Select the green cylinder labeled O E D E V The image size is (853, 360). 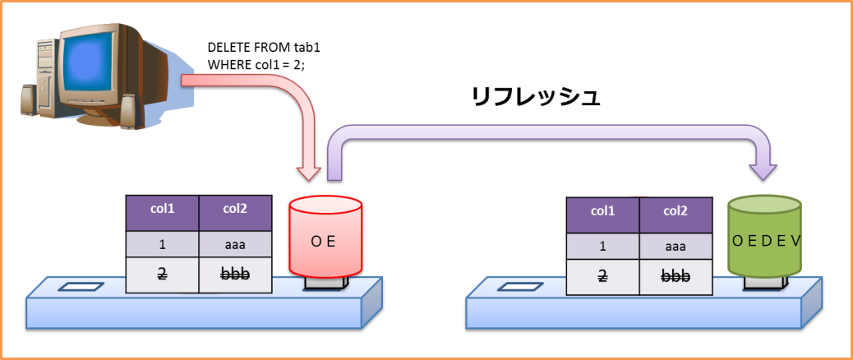pyautogui.click(x=765, y=238)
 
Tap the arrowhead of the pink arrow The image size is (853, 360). pyautogui.click(x=309, y=172)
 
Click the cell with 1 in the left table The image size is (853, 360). pyautogui.click(x=162, y=245)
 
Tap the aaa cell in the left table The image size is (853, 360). pyautogui.click(x=235, y=245)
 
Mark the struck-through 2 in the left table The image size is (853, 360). pyautogui.click(x=162, y=275)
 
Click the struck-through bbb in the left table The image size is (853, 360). pyautogui.click(x=235, y=275)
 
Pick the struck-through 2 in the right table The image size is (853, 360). pyautogui.click(x=602, y=276)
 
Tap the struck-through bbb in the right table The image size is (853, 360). pyautogui.click(x=675, y=276)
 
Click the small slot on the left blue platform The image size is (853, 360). pyautogui.click(x=81, y=287)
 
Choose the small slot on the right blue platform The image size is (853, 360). pyautogui.click(x=521, y=287)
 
